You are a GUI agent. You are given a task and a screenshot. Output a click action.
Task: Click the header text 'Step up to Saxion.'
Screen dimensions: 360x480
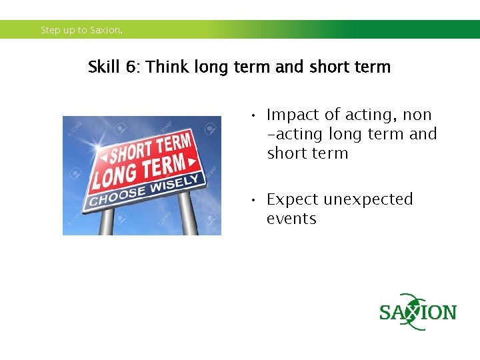[81, 30]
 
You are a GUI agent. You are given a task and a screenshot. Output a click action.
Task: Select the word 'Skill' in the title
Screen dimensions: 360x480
[104, 67]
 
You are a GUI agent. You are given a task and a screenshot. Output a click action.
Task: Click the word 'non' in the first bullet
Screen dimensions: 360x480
[417, 115]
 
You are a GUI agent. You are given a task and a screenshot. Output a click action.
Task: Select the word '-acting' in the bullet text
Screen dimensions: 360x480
[295, 135]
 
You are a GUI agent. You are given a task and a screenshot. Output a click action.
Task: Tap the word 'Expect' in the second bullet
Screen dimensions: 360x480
[293, 200]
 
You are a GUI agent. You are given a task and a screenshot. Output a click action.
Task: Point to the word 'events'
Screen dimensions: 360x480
[291, 219]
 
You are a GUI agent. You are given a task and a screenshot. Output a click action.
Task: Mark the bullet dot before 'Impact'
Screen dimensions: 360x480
[254, 116]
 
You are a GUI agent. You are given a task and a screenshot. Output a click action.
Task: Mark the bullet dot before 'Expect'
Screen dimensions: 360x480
[254, 200]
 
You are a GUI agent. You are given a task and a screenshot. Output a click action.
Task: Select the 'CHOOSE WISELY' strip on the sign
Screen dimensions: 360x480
[143, 191]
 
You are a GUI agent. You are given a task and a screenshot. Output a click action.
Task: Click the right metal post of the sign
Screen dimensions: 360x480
[189, 213]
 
